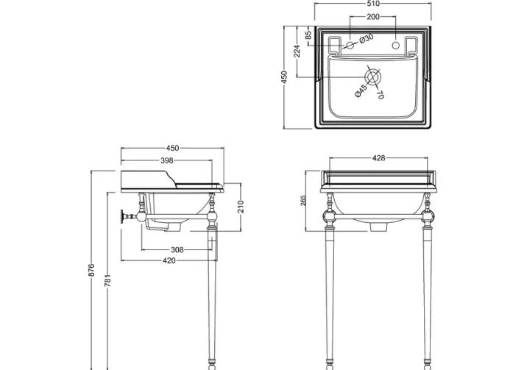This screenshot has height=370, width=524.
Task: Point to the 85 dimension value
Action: pyautogui.click(x=309, y=34)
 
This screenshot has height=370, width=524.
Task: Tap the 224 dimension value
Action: pyautogui.click(x=297, y=51)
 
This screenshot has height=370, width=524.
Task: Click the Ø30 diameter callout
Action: pyautogui.click(x=366, y=38)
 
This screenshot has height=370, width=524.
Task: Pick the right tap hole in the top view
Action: pyautogui.click(x=402, y=46)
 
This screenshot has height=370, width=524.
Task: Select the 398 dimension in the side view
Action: pyautogui.click(x=166, y=160)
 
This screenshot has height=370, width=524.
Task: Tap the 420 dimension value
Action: pyautogui.click(x=169, y=260)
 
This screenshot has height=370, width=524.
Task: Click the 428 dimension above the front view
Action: pyautogui.click(x=379, y=158)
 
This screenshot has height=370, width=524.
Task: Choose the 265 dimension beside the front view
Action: pyautogui.click(x=304, y=202)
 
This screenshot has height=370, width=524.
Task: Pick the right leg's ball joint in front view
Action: pyautogui.click(x=426, y=218)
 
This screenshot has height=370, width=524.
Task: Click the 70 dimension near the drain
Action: pyautogui.click(x=380, y=94)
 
